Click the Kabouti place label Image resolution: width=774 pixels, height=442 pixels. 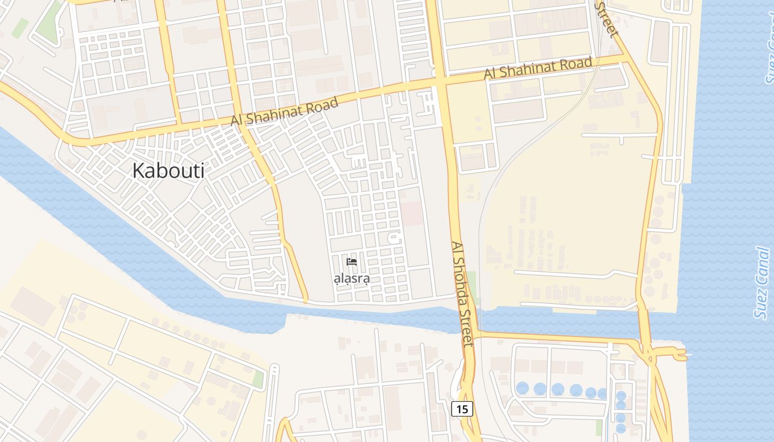point(168,171)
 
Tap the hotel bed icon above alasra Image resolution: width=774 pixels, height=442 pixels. point(352,262)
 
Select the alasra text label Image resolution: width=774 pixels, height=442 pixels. point(352,278)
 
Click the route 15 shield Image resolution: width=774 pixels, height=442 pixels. point(462,409)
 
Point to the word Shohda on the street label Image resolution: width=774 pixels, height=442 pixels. point(461,286)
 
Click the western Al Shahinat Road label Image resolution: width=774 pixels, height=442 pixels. point(284,112)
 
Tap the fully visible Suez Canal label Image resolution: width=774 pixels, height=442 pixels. point(762,283)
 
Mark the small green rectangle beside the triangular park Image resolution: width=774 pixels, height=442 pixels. point(20,28)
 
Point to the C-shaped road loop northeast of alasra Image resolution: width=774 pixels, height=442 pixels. point(394,239)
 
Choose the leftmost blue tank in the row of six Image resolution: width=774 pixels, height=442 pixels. point(522,388)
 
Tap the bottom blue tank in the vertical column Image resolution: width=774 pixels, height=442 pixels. point(621,428)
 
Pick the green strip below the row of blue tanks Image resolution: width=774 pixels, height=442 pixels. point(599,427)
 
